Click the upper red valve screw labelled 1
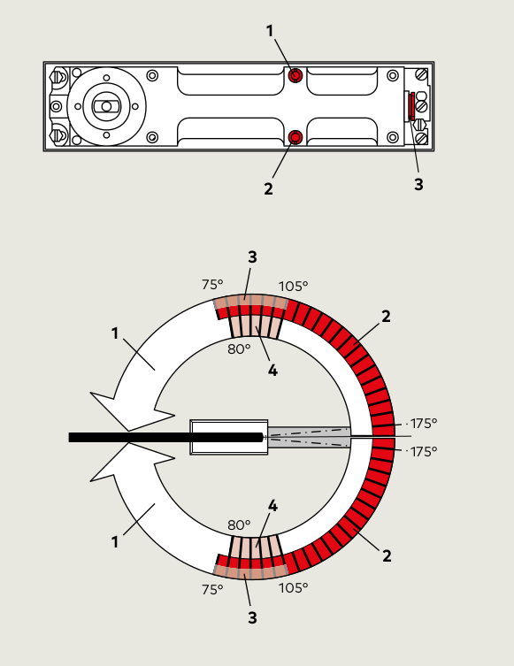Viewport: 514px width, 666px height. pos(295,75)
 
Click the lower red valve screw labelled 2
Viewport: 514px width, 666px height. pos(295,137)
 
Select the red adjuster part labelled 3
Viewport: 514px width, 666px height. pos(412,106)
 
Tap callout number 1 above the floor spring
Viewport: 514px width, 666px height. pos(270,31)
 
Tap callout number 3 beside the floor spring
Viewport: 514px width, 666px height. pos(418,184)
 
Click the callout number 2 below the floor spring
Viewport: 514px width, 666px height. pos(268,189)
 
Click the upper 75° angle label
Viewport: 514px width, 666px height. pos(212,285)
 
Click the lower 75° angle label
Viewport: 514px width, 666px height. pos(212,590)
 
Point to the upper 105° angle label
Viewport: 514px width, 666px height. pos(293,287)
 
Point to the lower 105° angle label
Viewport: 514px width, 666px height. pos(293,588)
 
